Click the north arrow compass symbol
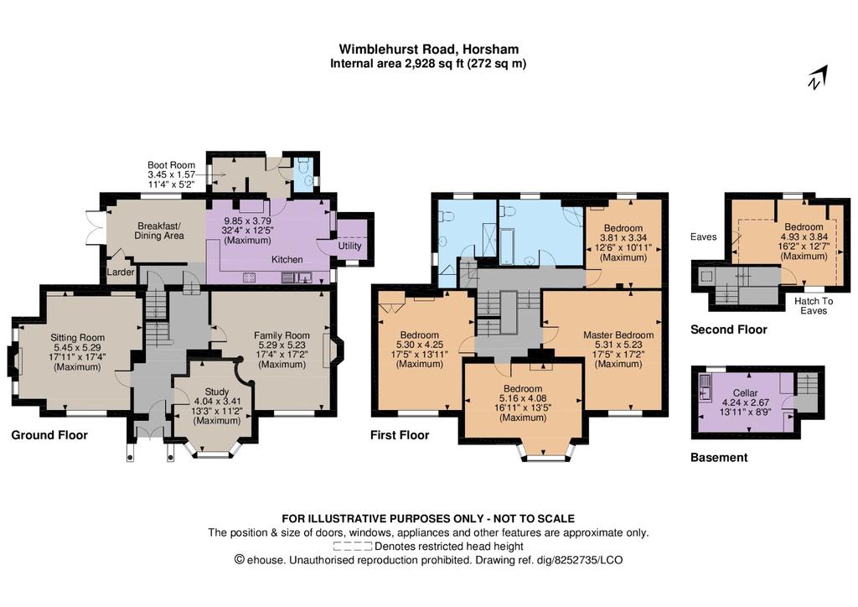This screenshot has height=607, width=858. pos(819,77)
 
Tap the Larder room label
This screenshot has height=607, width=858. pos(121,272)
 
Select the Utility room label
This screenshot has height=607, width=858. pos(349,246)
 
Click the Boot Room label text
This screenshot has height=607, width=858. pos(171,165)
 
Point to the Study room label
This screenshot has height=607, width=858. pos(217,392)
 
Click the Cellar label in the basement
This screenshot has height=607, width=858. pos(745,393)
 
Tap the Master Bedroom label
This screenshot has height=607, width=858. pos(618,335)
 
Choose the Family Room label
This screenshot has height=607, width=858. pos(282,335)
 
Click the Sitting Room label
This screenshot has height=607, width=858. pos(77,338)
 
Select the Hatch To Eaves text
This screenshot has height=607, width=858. pos(814,306)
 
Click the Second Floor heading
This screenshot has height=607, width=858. pos(729,329)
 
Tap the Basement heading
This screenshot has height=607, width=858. pos(719,458)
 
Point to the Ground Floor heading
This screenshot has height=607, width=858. pos(49,435)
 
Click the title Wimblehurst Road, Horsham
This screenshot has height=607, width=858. pos(428,49)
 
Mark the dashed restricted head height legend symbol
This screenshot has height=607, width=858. pos(353,547)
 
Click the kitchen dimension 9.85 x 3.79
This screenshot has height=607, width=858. pos(247,221)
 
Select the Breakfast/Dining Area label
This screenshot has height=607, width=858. pos(159,231)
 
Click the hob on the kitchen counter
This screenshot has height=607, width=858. pos(248,278)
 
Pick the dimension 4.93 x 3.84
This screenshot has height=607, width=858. pos(804,237)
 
